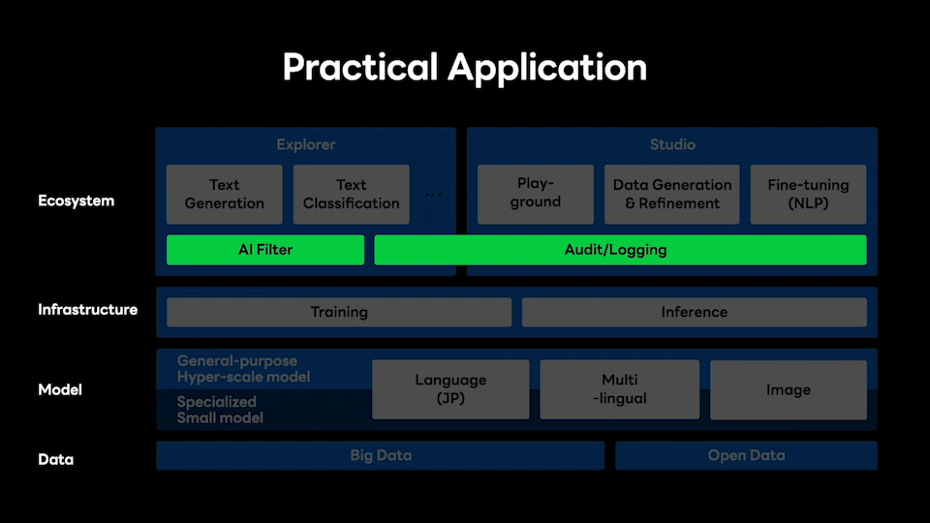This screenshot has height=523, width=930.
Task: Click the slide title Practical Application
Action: [x=464, y=67]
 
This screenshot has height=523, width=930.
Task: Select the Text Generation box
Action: [x=224, y=195]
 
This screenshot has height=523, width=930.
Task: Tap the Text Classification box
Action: [x=351, y=195]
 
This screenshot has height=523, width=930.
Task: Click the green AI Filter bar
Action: [x=265, y=250]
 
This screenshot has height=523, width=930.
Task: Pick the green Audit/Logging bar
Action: [x=620, y=250]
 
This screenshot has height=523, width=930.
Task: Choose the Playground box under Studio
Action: [x=536, y=195]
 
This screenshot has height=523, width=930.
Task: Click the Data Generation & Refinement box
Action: [x=672, y=195]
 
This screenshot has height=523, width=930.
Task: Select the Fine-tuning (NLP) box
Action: [x=808, y=195]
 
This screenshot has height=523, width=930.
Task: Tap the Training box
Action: [x=339, y=312]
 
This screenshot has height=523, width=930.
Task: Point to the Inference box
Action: [x=695, y=312]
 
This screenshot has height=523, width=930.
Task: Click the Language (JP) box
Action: [x=450, y=389]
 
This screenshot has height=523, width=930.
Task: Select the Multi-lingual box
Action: [x=620, y=389]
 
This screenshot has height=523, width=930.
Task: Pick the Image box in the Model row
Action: [x=789, y=389]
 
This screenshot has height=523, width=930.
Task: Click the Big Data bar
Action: [x=380, y=455]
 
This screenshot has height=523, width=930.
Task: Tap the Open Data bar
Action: [x=746, y=455]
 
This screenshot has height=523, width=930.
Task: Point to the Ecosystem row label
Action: [x=76, y=201]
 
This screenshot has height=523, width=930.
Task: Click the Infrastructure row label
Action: [x=88, y=310]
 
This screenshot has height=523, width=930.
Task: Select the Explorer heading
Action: [x=306, y=144]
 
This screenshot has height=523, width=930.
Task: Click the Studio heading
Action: [x=672, y=144]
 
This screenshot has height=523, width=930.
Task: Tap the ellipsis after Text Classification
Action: [x=434, y=195]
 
